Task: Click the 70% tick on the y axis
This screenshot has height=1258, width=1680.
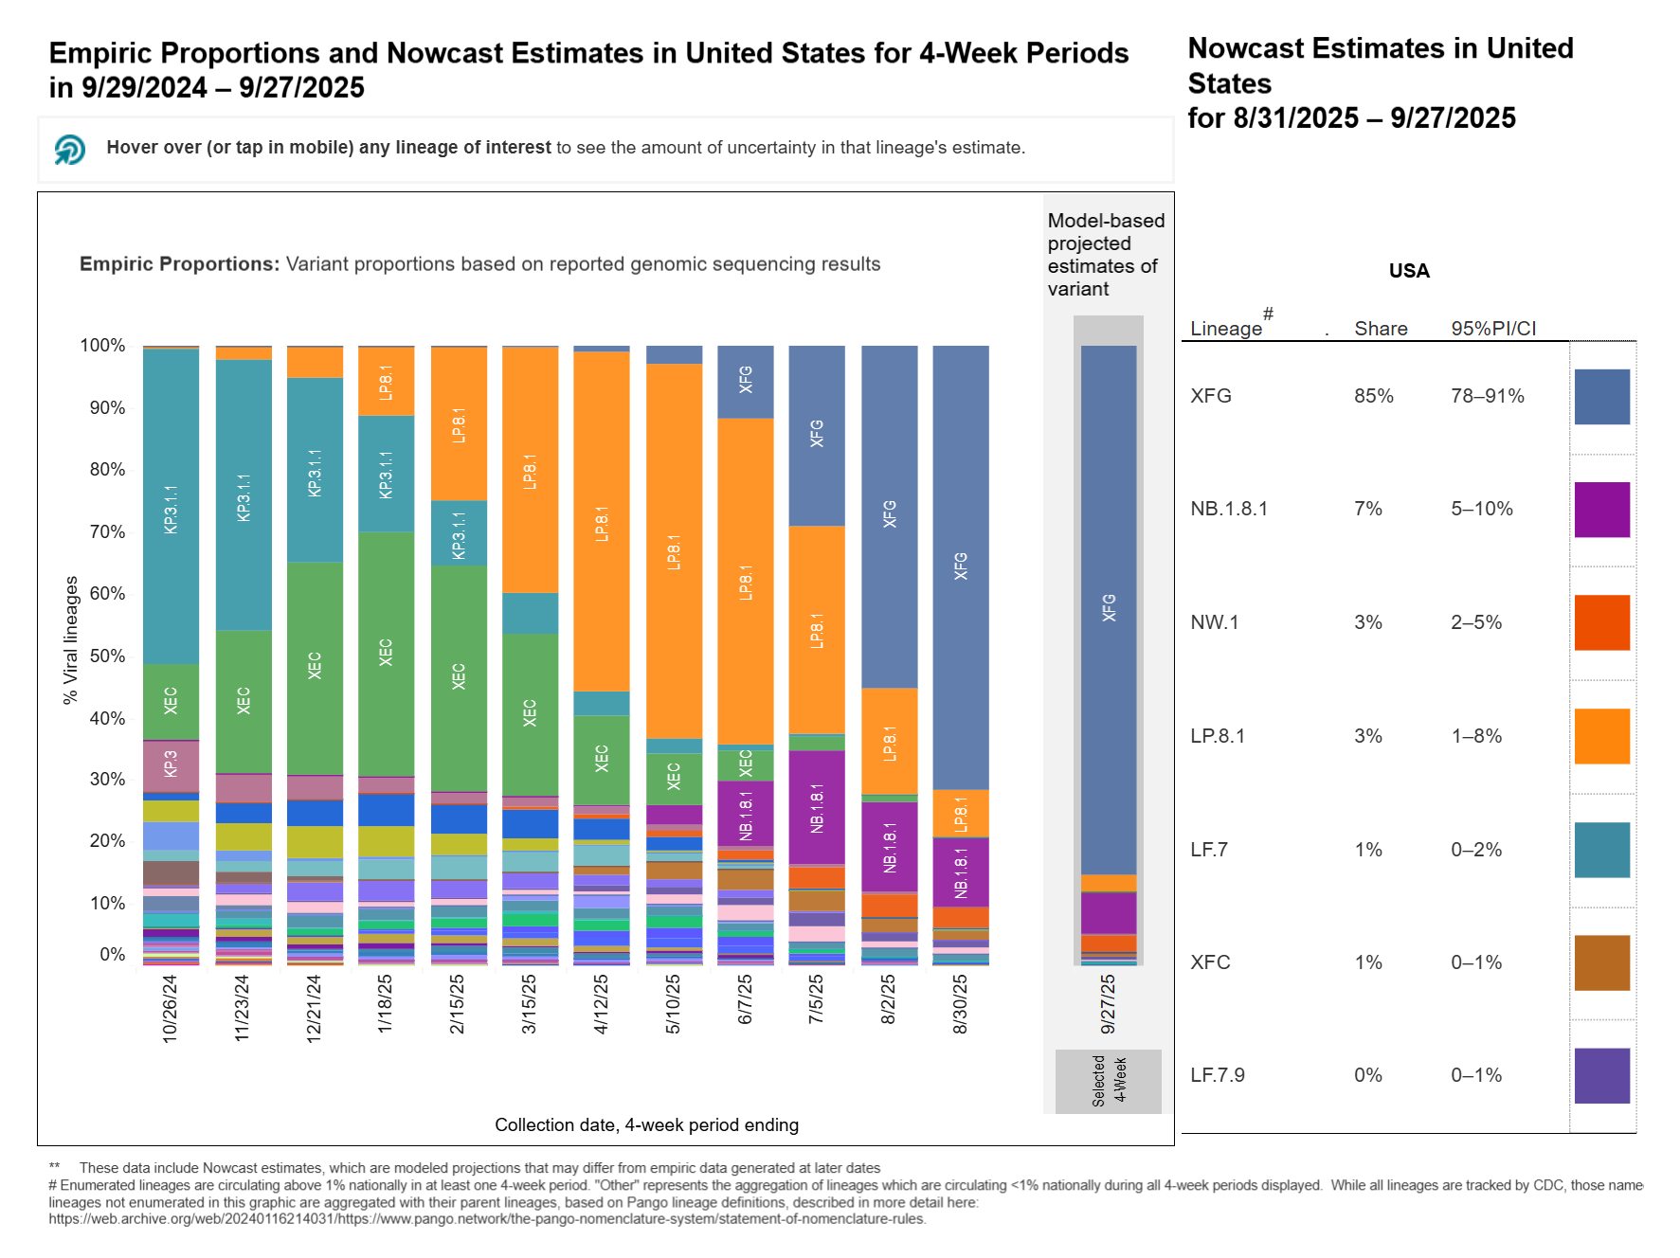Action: pos(107,531)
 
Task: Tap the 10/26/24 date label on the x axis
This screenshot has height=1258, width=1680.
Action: pos(171,1009)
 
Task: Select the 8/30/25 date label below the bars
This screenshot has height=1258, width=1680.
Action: pos(960,1004)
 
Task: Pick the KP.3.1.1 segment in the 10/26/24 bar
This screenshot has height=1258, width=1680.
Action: pos(172,508)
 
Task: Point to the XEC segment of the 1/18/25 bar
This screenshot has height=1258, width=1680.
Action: pos(386,653)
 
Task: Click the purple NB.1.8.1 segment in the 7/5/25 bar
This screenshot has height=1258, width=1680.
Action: pos(817,807)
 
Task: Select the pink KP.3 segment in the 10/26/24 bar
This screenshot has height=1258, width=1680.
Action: pos(172,764)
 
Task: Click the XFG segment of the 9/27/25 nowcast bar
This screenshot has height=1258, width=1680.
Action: pos(1109,608)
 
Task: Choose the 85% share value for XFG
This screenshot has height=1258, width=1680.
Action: pos(1373,396)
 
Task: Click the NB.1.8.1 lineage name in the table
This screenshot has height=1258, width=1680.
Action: pos(1229,509)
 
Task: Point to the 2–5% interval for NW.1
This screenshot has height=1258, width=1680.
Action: pos(1475,622)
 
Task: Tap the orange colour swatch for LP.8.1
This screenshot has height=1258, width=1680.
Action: pos(1601,736)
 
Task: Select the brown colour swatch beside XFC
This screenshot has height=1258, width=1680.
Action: pos(1601,962)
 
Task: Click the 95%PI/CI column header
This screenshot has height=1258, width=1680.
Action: pos(1493,329)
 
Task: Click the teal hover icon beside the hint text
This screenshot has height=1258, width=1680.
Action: pos(70,149)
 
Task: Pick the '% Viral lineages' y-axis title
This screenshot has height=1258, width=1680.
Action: pos(71,639)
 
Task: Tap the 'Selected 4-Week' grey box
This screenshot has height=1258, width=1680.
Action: pos(1108,1081)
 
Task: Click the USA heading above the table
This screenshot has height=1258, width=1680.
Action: pos(1408,271)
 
